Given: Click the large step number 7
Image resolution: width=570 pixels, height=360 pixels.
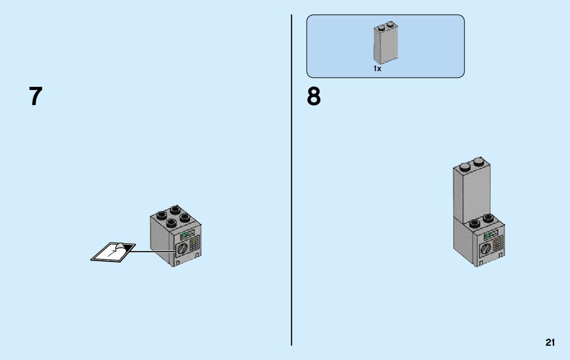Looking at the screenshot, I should click(x=35, y=96).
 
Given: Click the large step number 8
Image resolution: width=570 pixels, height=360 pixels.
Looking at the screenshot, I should click(x=314, y=96).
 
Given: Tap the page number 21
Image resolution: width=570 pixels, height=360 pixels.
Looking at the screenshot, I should click(x=550, y=343).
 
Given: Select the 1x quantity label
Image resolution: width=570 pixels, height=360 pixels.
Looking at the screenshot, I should click(x=377, y=69).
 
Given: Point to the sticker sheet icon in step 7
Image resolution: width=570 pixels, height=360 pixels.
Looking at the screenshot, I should click(x=113, y=252).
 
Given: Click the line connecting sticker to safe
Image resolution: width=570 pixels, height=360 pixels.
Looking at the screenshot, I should click(x=155, y=251).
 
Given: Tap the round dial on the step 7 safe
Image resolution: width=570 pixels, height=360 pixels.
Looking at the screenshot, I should click(x=182, y=249).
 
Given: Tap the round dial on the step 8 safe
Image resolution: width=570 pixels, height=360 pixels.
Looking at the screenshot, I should click(x=486, y=249).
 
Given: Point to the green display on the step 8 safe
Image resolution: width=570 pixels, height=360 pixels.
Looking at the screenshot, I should click(x=491, y=236).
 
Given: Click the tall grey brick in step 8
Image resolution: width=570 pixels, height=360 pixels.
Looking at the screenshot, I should click(x=472, y=193).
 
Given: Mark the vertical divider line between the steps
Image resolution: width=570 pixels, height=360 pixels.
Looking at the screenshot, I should click(x=291, y=178).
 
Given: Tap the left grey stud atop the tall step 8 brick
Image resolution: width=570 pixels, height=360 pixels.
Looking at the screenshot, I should click(x=464, y=165).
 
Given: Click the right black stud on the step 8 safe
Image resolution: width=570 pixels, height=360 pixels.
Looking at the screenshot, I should click(x=489, y=218).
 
